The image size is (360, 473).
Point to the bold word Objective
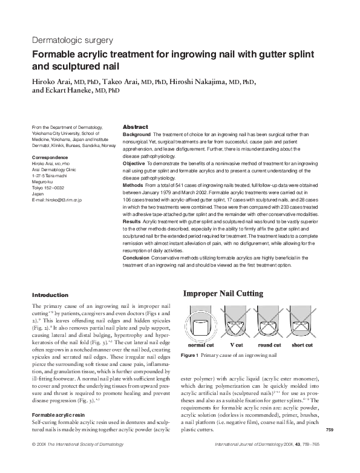tap(134, 164)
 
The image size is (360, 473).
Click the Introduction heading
tap(50, 295)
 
